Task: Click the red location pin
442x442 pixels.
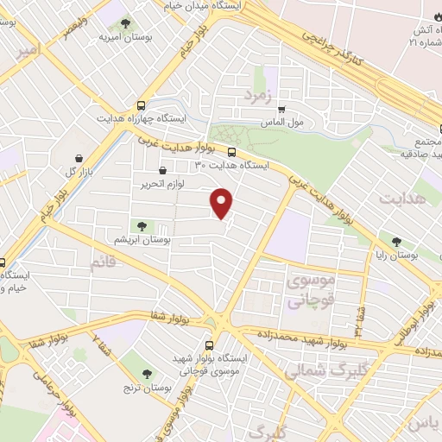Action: point(223,202)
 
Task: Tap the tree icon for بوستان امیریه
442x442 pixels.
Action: point(126,24)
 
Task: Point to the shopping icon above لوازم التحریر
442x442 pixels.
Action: point(162,170)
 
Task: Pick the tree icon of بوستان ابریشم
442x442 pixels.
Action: point(142,225)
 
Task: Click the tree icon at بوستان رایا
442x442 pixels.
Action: point(396,243)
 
